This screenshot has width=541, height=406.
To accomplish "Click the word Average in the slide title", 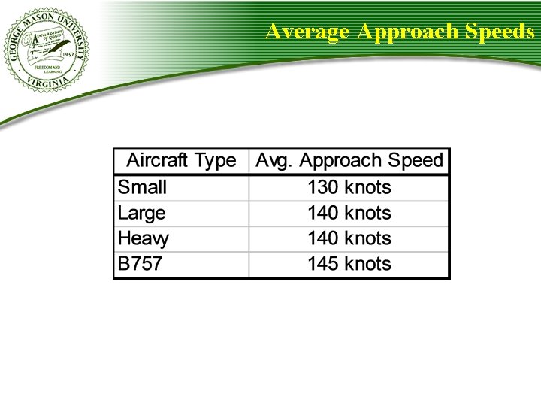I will (308, 32).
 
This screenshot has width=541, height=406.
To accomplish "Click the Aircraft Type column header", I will (181, 160).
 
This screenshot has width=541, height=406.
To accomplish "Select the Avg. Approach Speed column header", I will (349, 161).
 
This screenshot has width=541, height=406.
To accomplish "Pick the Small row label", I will (143, 186).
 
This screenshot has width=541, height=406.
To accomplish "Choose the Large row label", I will (142, 213).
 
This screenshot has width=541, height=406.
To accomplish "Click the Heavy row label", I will (144, 239).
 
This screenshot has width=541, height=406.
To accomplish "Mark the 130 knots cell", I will (349, 186).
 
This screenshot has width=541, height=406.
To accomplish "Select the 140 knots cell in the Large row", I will (349, 213).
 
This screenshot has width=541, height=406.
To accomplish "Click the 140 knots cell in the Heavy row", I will (349, 238).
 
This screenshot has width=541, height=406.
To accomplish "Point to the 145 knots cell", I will (349, 264).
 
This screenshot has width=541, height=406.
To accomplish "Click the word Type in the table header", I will (215, 161).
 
